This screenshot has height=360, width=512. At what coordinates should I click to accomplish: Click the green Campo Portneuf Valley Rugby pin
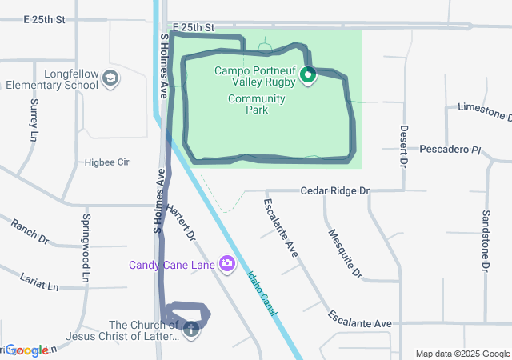tap(308, 76)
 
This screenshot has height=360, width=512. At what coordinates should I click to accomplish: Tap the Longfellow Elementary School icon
tap(110, 79)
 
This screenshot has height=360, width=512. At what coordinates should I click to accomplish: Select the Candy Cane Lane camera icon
tap(227, 263)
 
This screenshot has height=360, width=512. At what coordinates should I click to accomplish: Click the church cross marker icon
tap(191, 329)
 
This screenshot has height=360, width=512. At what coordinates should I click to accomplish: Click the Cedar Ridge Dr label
tap(334, 191)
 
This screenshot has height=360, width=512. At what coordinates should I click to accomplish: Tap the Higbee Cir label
tap(106, 162)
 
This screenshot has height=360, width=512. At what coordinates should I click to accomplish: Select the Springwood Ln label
tap(85, 249)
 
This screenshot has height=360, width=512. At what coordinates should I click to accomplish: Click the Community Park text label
tap(256, 104)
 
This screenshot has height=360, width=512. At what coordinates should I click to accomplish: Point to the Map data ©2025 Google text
tap(462, 354)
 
